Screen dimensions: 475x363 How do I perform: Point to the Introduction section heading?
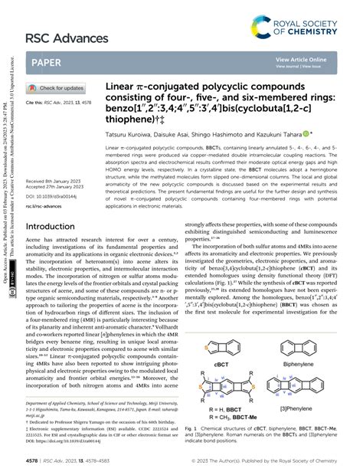click(56, 228)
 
